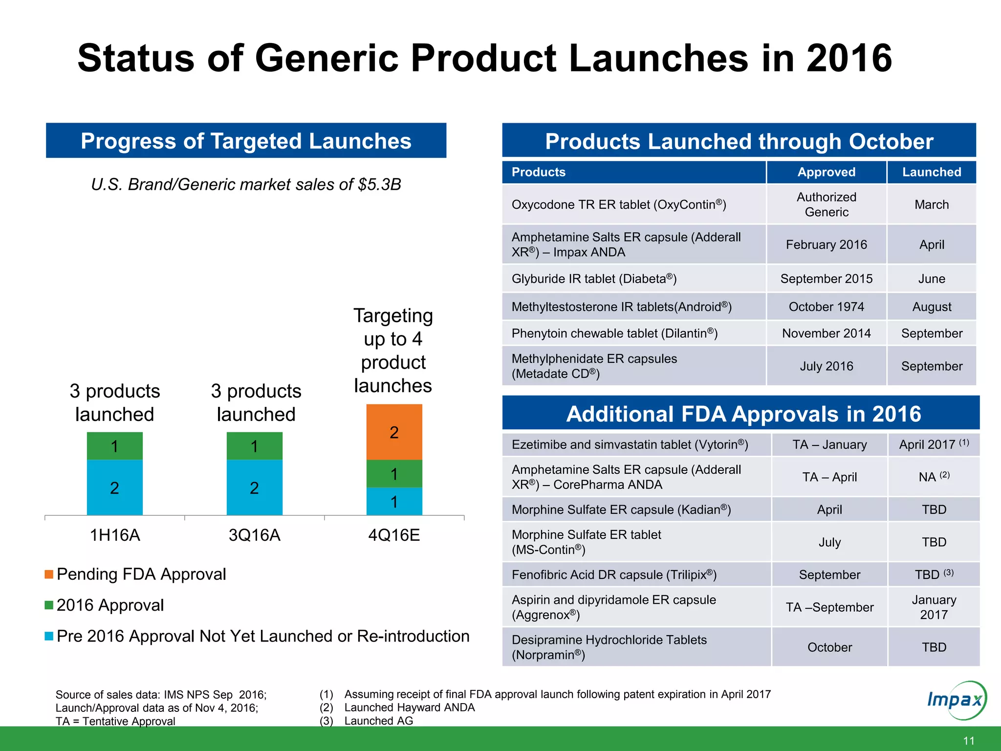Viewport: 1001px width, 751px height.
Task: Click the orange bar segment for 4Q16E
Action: (x=394, y=432)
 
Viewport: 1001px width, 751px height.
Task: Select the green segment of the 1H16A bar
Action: (x=114, y=445)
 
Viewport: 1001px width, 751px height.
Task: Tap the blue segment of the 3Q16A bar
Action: (x=254, y=487)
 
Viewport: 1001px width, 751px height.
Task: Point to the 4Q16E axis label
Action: (x=394, y=535)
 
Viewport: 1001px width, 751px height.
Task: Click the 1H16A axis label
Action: (x=115, y=535)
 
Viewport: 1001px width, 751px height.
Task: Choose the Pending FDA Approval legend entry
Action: (x=135, y=574)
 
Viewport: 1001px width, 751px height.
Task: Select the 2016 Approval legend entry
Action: (x=104, y=605)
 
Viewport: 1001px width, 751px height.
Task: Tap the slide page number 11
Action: (x=968, y=740)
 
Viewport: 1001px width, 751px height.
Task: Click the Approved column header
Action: (x=826, y=172)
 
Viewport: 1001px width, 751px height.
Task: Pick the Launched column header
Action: (x=931, y=172)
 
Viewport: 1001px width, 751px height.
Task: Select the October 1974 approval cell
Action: (x=826, y=307)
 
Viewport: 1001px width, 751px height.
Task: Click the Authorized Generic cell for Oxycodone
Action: (x=826, y=204)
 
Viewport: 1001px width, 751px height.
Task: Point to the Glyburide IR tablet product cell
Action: (x=594, y=279)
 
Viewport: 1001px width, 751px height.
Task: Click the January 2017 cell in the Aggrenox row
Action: (x=934, y=607)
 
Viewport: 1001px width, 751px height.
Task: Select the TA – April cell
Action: (x=829, y=477)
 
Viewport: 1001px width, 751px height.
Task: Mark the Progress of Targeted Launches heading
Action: (x=246, y=141)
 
